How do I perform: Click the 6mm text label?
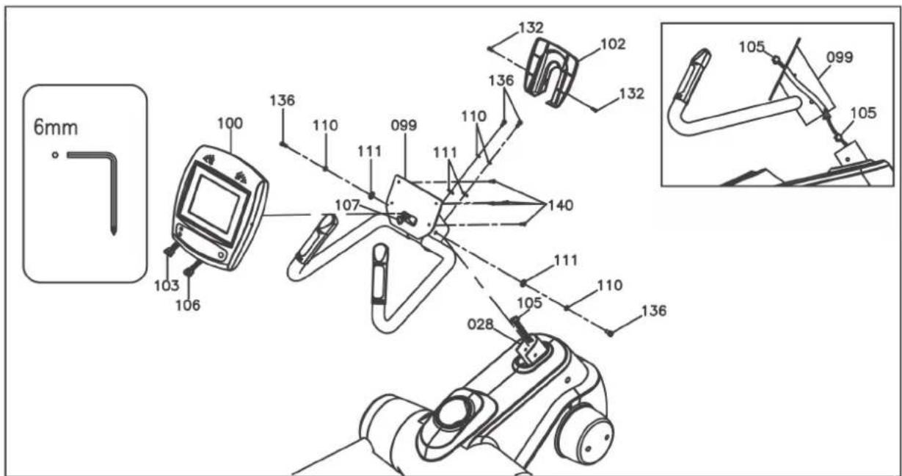[x=56, y=128]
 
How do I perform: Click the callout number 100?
[x=230, y=123]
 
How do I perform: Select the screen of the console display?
[x=215, y=204]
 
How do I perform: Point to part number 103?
[x=167, y=286]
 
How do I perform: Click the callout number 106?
[x=188, y=305]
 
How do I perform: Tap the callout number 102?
[x=613, y=44]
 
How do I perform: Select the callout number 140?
[x=561, y=205]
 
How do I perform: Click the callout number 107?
[x=347, y=205]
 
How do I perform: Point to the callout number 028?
[x=481, y=324]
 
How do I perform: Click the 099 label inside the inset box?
[x=840, y=57]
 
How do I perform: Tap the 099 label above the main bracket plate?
[x=404, y=126]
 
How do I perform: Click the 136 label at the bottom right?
[x=654, y=311]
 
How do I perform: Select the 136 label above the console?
[x=283, y=101]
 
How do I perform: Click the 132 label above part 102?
[x=531, y=27]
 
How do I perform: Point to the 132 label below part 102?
[x=632, y=93]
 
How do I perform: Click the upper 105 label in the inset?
[x=752, y=47]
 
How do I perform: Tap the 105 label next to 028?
[x=529, y=303]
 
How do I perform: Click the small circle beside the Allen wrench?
[x=56, y=155]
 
